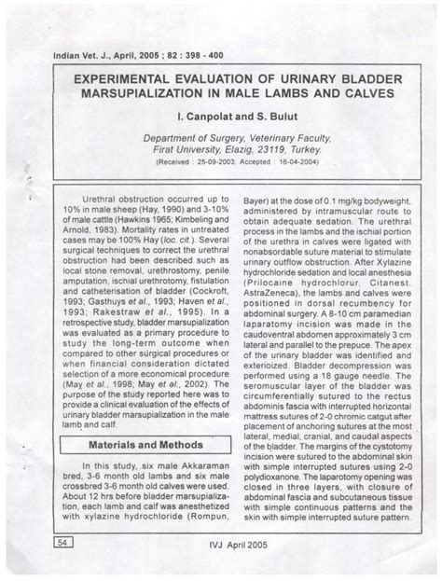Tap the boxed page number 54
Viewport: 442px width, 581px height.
(x=64, y=541)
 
